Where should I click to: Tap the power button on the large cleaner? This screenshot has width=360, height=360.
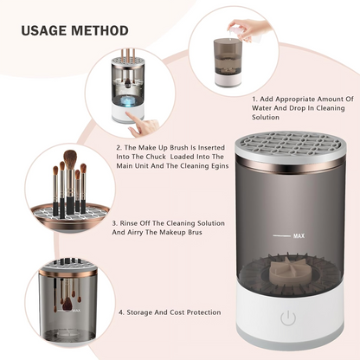click(x=288, y=318)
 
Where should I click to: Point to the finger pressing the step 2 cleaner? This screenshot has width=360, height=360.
click(x=149, y=126)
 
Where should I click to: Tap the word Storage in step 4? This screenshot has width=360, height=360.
click(x=145, y=312)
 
